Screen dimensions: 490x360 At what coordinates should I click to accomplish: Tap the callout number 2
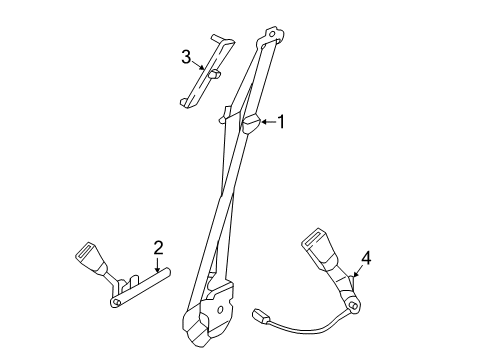(157, 247)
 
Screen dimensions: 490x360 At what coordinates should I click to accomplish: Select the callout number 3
(186, 56)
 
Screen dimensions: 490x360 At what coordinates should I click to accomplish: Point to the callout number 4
(366, 259)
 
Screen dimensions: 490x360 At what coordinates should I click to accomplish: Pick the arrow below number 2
(157, 268)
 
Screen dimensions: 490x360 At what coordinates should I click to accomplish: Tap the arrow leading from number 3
(202, 68)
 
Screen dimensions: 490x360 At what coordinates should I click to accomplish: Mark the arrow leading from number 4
(358, 274)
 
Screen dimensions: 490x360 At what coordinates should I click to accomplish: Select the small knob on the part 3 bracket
(214, 73)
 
